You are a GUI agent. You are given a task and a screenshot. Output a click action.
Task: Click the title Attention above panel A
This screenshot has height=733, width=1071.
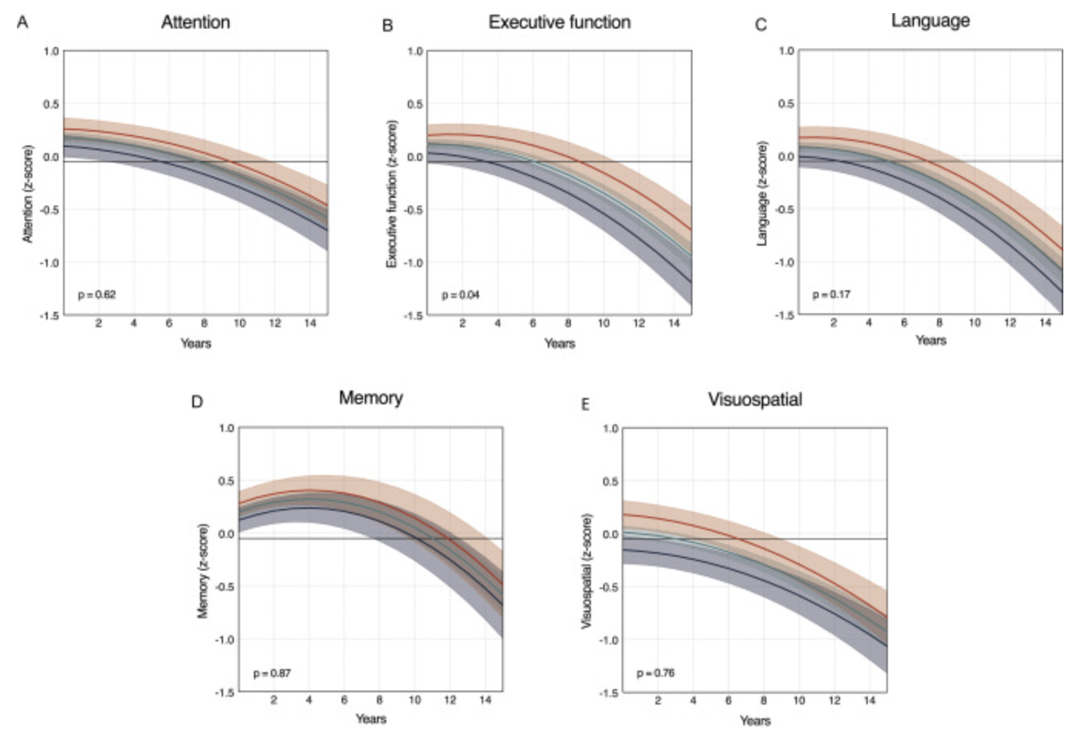(x=195, y=22)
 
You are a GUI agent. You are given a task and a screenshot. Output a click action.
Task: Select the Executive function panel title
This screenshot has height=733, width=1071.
(x=559, y=22)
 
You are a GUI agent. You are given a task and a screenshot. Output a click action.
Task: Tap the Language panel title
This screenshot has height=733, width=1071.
(x=930, y=21)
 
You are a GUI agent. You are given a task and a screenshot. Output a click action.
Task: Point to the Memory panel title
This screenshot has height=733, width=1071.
(x=371, y=398)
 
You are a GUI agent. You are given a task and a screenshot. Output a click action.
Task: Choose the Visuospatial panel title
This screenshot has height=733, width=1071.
(x=755, y=400)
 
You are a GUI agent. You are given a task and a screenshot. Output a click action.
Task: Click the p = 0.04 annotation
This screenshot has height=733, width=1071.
(x=460, y=295)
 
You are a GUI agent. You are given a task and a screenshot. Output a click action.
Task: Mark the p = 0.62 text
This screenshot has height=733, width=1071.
(x=96, y=295)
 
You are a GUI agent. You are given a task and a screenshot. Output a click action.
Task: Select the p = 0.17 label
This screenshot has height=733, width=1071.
(x=831, y=294)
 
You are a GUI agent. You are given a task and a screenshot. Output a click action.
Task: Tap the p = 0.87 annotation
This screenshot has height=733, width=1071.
(x=272, y=674)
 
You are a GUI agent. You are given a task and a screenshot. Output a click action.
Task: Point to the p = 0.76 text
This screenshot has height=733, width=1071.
(x=656, y=673)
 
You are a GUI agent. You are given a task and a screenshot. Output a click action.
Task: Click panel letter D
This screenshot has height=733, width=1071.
(x=197, y=402)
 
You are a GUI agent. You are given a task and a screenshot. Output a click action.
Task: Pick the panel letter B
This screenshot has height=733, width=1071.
(x=388, y=26)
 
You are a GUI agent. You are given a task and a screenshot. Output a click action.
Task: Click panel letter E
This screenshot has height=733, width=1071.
(x=585, y=404)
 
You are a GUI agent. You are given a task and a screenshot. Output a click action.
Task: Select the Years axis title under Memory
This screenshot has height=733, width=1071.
(x=371, y=718)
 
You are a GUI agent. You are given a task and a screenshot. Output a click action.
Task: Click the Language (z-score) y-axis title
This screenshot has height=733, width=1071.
(x=762, y=193)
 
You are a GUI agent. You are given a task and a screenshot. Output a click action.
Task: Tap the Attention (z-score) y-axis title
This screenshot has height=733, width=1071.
(x=28, y=193)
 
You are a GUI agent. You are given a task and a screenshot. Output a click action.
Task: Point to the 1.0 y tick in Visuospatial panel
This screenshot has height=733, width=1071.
(x=610, y=429)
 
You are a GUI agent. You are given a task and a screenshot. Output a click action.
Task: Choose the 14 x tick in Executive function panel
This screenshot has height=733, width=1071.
(x=674, y=323)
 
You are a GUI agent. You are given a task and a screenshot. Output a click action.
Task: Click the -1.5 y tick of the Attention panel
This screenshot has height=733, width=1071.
(x=50, y=316)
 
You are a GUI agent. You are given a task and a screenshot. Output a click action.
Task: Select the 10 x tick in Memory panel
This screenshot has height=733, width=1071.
(x=415, y=700)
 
